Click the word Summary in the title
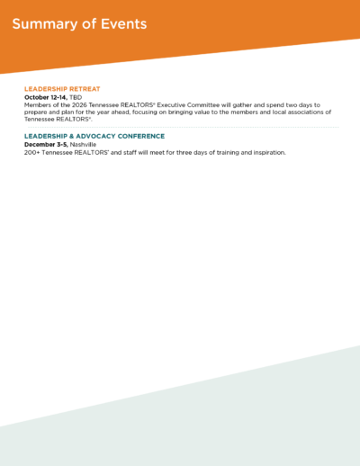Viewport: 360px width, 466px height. [45, 24]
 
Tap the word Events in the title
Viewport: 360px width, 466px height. [124, 24]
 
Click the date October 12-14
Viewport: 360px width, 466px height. [46, 97]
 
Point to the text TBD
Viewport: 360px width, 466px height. [76, 97]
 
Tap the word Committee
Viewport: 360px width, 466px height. [203, 105]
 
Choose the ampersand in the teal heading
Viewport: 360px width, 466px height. [71, 137]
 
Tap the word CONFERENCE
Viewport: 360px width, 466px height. [141, 137]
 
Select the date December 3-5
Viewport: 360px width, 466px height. [46, 145]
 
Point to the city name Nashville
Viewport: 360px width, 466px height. [83, 145]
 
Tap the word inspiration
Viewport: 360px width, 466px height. [270, 153]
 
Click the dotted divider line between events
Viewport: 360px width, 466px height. [184, 127]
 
